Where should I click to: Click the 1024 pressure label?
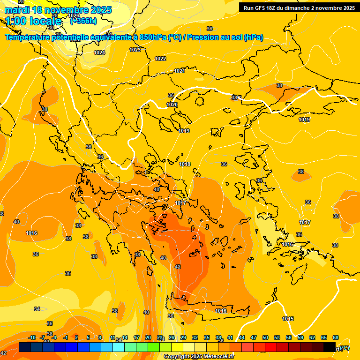(99, 52)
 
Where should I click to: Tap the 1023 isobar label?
(135, 50)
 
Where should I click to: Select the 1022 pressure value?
(160, 59)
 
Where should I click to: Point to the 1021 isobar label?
(180, 71)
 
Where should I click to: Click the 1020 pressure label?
(172, 105)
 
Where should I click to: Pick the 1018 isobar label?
(185, 164)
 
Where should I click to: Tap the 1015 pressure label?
(288, 319)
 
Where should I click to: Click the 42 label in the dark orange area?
(177, 267)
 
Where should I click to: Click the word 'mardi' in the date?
(16, 10)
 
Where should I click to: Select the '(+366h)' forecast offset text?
(83, 21)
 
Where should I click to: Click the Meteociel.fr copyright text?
(199, 357)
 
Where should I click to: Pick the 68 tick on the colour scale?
(336, 337)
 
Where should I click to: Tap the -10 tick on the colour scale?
(32, 337)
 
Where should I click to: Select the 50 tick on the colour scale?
(265, 337)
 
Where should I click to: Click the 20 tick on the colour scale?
(148, 337)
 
